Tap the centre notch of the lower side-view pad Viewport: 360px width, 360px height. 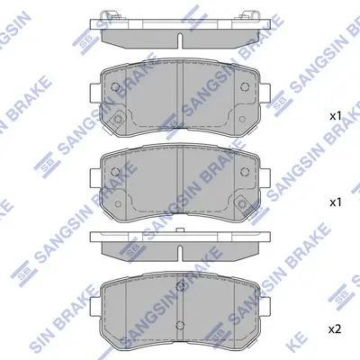[x=180, y=246]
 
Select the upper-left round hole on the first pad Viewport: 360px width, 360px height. [x=118, y=85]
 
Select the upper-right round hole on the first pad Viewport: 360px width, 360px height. [x=245, y=85]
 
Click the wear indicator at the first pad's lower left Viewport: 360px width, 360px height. [x=121, y=124]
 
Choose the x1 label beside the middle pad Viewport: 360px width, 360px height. [x=335, y=202]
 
